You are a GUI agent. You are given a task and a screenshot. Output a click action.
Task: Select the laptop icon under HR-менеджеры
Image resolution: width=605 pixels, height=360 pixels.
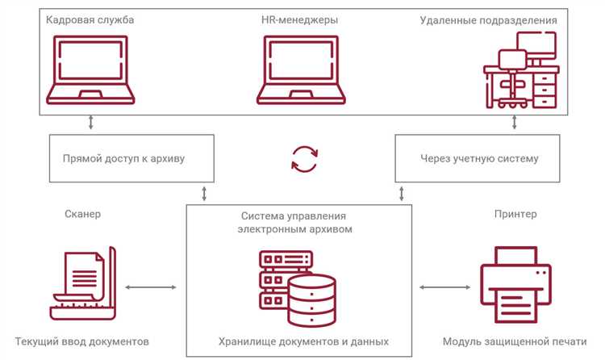point(300,70)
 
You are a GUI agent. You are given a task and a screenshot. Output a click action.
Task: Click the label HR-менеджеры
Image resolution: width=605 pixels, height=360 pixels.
point(300,19)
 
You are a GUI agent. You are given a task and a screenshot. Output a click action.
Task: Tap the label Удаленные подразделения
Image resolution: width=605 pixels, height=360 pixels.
point(499,19)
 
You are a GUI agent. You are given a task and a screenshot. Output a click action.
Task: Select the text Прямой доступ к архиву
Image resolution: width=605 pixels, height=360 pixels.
point(123,158)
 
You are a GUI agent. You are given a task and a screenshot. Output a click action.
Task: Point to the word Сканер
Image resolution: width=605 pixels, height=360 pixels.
point(83,215)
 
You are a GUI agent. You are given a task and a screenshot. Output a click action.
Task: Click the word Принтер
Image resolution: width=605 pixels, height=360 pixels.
point(514,215)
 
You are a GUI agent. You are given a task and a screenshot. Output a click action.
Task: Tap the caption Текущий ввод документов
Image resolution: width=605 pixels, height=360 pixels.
point(81,341)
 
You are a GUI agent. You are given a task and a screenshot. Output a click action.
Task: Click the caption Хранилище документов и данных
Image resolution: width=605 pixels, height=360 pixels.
point(303,341)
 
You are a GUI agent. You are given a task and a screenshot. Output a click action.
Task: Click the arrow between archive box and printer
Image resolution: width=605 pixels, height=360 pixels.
point(440,286)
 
